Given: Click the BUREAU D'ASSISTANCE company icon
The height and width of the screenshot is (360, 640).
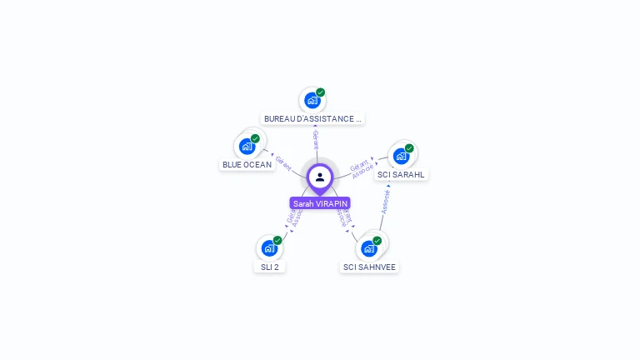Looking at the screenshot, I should point(312,101).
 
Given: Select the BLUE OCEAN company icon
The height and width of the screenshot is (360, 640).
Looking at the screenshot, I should point(247,147).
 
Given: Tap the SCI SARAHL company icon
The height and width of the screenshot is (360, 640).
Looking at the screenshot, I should point(401,157).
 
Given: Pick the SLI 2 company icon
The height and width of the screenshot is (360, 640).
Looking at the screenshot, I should point(269,248).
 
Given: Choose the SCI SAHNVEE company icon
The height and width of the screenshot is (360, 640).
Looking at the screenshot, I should point(369,248).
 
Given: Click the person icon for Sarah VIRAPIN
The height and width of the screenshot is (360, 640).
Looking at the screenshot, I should point(320,177).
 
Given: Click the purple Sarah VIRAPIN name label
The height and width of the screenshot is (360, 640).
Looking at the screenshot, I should point(320,203).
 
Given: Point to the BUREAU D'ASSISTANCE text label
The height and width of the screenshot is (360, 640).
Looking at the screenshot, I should point(312,119).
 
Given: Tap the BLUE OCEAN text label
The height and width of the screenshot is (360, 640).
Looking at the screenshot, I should point(247,165).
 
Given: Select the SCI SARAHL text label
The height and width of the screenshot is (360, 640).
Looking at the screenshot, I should point(401,175).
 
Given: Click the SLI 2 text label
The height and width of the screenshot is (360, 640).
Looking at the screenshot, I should point(269,267).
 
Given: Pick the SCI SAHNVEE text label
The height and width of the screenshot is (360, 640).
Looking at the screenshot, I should point(369,267).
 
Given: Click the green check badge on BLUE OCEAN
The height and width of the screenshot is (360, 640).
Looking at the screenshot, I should point(255,138).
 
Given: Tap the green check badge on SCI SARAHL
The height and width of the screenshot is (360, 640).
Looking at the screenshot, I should point(409,148).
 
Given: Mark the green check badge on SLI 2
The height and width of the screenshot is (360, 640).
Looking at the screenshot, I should point(277,240).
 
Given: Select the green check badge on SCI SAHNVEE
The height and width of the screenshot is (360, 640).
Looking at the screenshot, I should point(377,240).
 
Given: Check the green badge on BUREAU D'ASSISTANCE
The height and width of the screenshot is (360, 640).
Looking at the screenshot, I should point(320,92).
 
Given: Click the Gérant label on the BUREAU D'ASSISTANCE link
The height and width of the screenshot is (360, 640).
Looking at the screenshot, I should point(316,140).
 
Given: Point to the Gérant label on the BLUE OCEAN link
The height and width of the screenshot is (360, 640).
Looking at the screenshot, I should point(283,162).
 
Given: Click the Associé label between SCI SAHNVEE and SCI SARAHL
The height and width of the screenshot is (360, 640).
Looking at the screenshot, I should point(386,201).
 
